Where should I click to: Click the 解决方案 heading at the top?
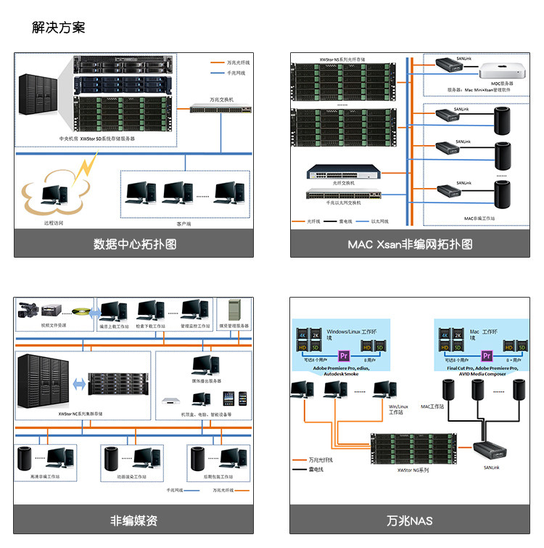pyautogui.click(x=59, y=28)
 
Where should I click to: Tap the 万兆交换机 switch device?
pyautogui.click(x=221, y=108)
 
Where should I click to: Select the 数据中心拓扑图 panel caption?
pyautogui.click(x=134, y=245)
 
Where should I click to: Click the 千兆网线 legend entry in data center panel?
pyautogui.click(x=236, y=73)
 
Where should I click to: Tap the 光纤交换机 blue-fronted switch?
pyautogui.click(x=343, y=172)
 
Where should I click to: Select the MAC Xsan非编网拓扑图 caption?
pyautogui.click(x=410, y=245)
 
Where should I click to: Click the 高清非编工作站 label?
pyautogui.click(x=48, y=476)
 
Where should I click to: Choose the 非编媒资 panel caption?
pyautogui.click(x=134, y=520)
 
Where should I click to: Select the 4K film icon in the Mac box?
pyautogui.click(x=445, y=335)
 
